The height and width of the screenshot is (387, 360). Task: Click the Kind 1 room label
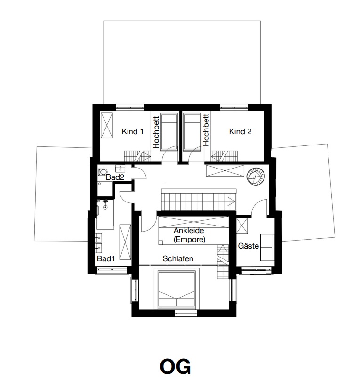tap(133, 131)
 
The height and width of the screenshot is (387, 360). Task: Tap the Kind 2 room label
tap(240, 131)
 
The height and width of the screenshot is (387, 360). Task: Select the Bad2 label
tap(115, 177)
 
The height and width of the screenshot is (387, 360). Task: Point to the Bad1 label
tap(106, 258)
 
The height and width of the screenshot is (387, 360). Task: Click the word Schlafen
tap(178, 258)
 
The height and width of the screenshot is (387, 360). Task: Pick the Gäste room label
tap(248, 246)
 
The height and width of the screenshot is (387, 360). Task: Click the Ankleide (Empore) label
tap(189, 235)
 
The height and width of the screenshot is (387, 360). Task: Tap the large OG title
tap(175, 366)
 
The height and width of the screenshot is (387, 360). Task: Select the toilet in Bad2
tap(103, 172)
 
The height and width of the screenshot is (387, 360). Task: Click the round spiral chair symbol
tap(256, 177)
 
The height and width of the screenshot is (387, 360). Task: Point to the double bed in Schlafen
tap(176, 289)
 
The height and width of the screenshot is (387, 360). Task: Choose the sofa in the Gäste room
tap(267, 247)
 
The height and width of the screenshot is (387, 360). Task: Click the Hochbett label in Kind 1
tap(156, 132)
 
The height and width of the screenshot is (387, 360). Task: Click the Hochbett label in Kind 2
tap(206, 130)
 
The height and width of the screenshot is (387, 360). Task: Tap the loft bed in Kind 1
tap(169, 132)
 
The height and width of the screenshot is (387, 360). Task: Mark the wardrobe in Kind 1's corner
tap(107, 125)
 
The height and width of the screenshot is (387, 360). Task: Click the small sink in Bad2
tap(120, 169)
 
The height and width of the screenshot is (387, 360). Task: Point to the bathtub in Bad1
tap(105, 214)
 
